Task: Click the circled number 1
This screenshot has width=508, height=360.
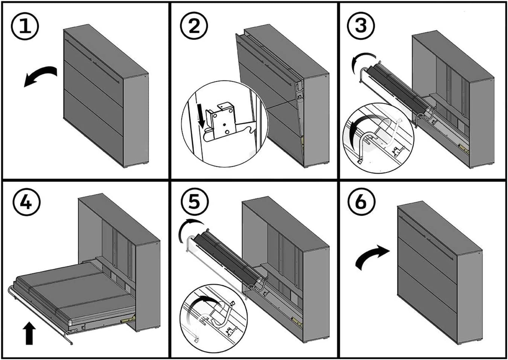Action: tap(25, 26)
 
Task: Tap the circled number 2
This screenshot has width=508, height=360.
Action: tap(194, 26)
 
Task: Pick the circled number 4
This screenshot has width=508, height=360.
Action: tap(26, 202)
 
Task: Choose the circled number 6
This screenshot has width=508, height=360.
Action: tap(360, 201)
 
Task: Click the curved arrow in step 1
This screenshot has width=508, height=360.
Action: tap(40, 76)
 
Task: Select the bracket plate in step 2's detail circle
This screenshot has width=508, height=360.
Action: tap(223, 121)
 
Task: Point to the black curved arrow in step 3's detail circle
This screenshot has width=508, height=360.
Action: tap(357, 132)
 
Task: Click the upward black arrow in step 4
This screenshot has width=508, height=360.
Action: tap(29, 333)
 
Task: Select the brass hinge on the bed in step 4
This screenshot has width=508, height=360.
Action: tap(128, 319)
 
